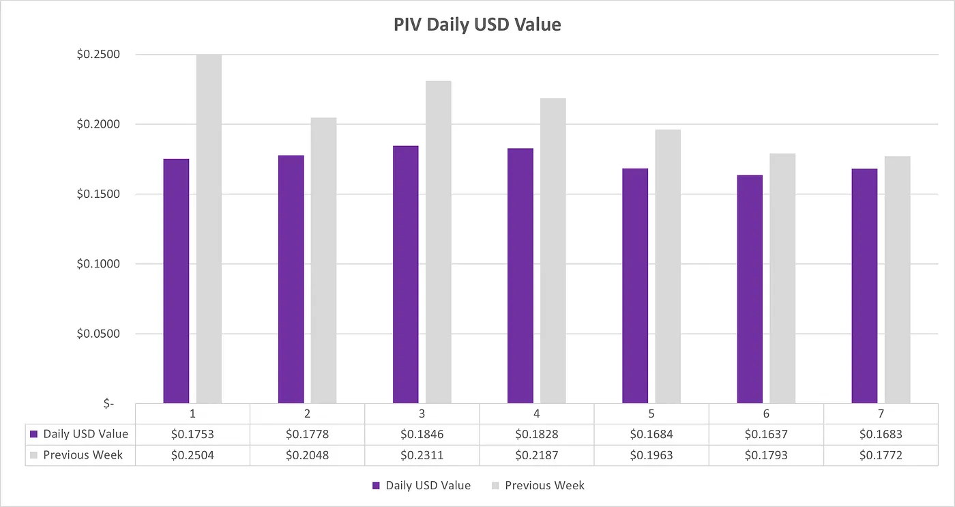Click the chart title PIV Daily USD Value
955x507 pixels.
[477, 25]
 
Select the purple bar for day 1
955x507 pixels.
[176, 280]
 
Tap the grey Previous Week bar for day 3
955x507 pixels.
[439, 242]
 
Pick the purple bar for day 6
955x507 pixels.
[750, 289]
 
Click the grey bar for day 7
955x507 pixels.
[898, 280]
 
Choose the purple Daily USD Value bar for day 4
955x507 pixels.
[520, 276]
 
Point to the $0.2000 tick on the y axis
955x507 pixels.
[98, 124]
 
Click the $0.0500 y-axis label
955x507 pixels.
[98, 334]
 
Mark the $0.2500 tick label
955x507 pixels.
[98, 55]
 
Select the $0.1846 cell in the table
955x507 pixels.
[422, 434]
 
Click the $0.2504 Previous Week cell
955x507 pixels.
[192, 455]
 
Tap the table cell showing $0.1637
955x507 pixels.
[766, 434]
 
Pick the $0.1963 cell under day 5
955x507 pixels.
[651, 455]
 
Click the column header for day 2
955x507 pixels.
[307, 414]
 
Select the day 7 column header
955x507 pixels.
[881, 414]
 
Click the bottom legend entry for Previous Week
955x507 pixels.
[544, 486]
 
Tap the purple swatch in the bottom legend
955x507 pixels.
[376, 486]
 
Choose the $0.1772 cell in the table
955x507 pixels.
[881, 455]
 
